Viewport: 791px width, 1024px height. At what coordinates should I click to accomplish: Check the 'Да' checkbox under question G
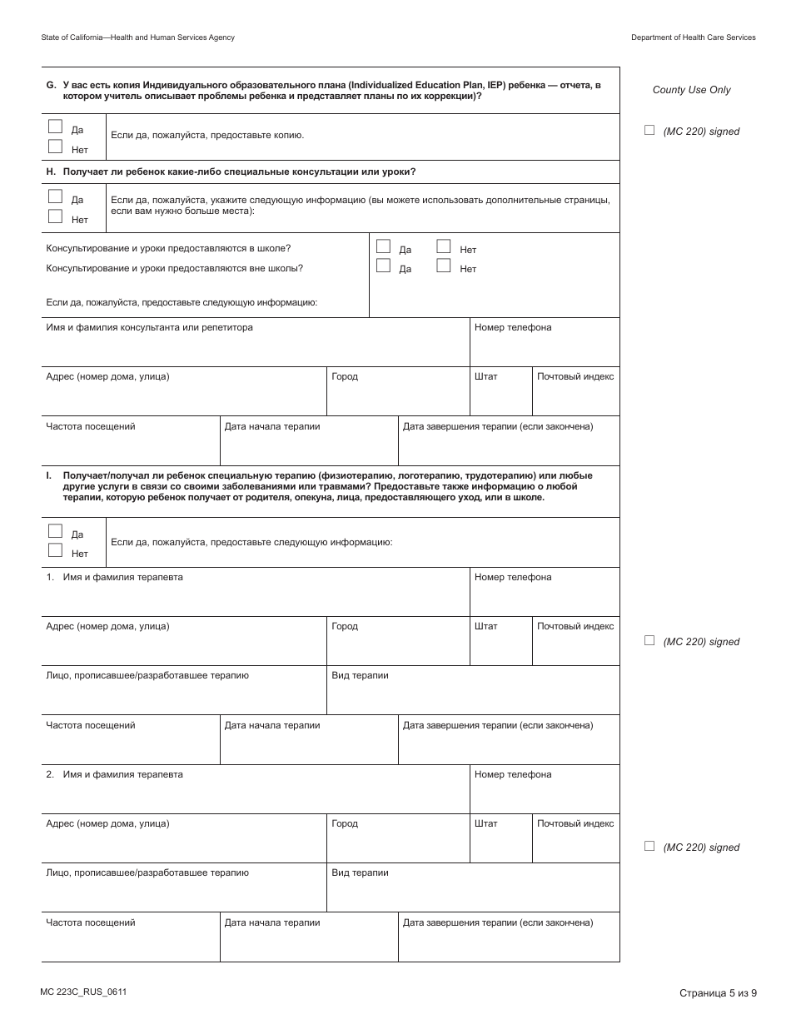pos(55,127)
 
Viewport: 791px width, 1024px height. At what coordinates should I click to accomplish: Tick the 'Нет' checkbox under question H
pos(55,216)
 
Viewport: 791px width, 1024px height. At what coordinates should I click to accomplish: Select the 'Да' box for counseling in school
pos(383,246)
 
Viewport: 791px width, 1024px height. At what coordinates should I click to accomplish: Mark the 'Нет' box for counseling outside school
pos(443,266)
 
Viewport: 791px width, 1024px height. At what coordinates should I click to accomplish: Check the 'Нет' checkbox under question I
pos(55,549)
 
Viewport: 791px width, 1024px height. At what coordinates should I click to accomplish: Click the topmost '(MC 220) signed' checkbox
pos(649,130)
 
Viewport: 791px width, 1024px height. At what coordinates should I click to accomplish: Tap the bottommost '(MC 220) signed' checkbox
pos(649,846)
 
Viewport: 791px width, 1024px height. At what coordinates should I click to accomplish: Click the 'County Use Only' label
pos(691,90)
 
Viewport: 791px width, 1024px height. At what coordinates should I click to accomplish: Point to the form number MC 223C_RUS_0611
pos(83,992)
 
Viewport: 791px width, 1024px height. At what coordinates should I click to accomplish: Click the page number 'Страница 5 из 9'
pos(717,992)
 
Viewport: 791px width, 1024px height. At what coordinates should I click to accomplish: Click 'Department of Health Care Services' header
pos(693,37)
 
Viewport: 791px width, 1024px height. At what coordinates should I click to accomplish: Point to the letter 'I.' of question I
pos(49,475)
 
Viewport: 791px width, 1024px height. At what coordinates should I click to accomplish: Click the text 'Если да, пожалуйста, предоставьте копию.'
pos(207,135)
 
